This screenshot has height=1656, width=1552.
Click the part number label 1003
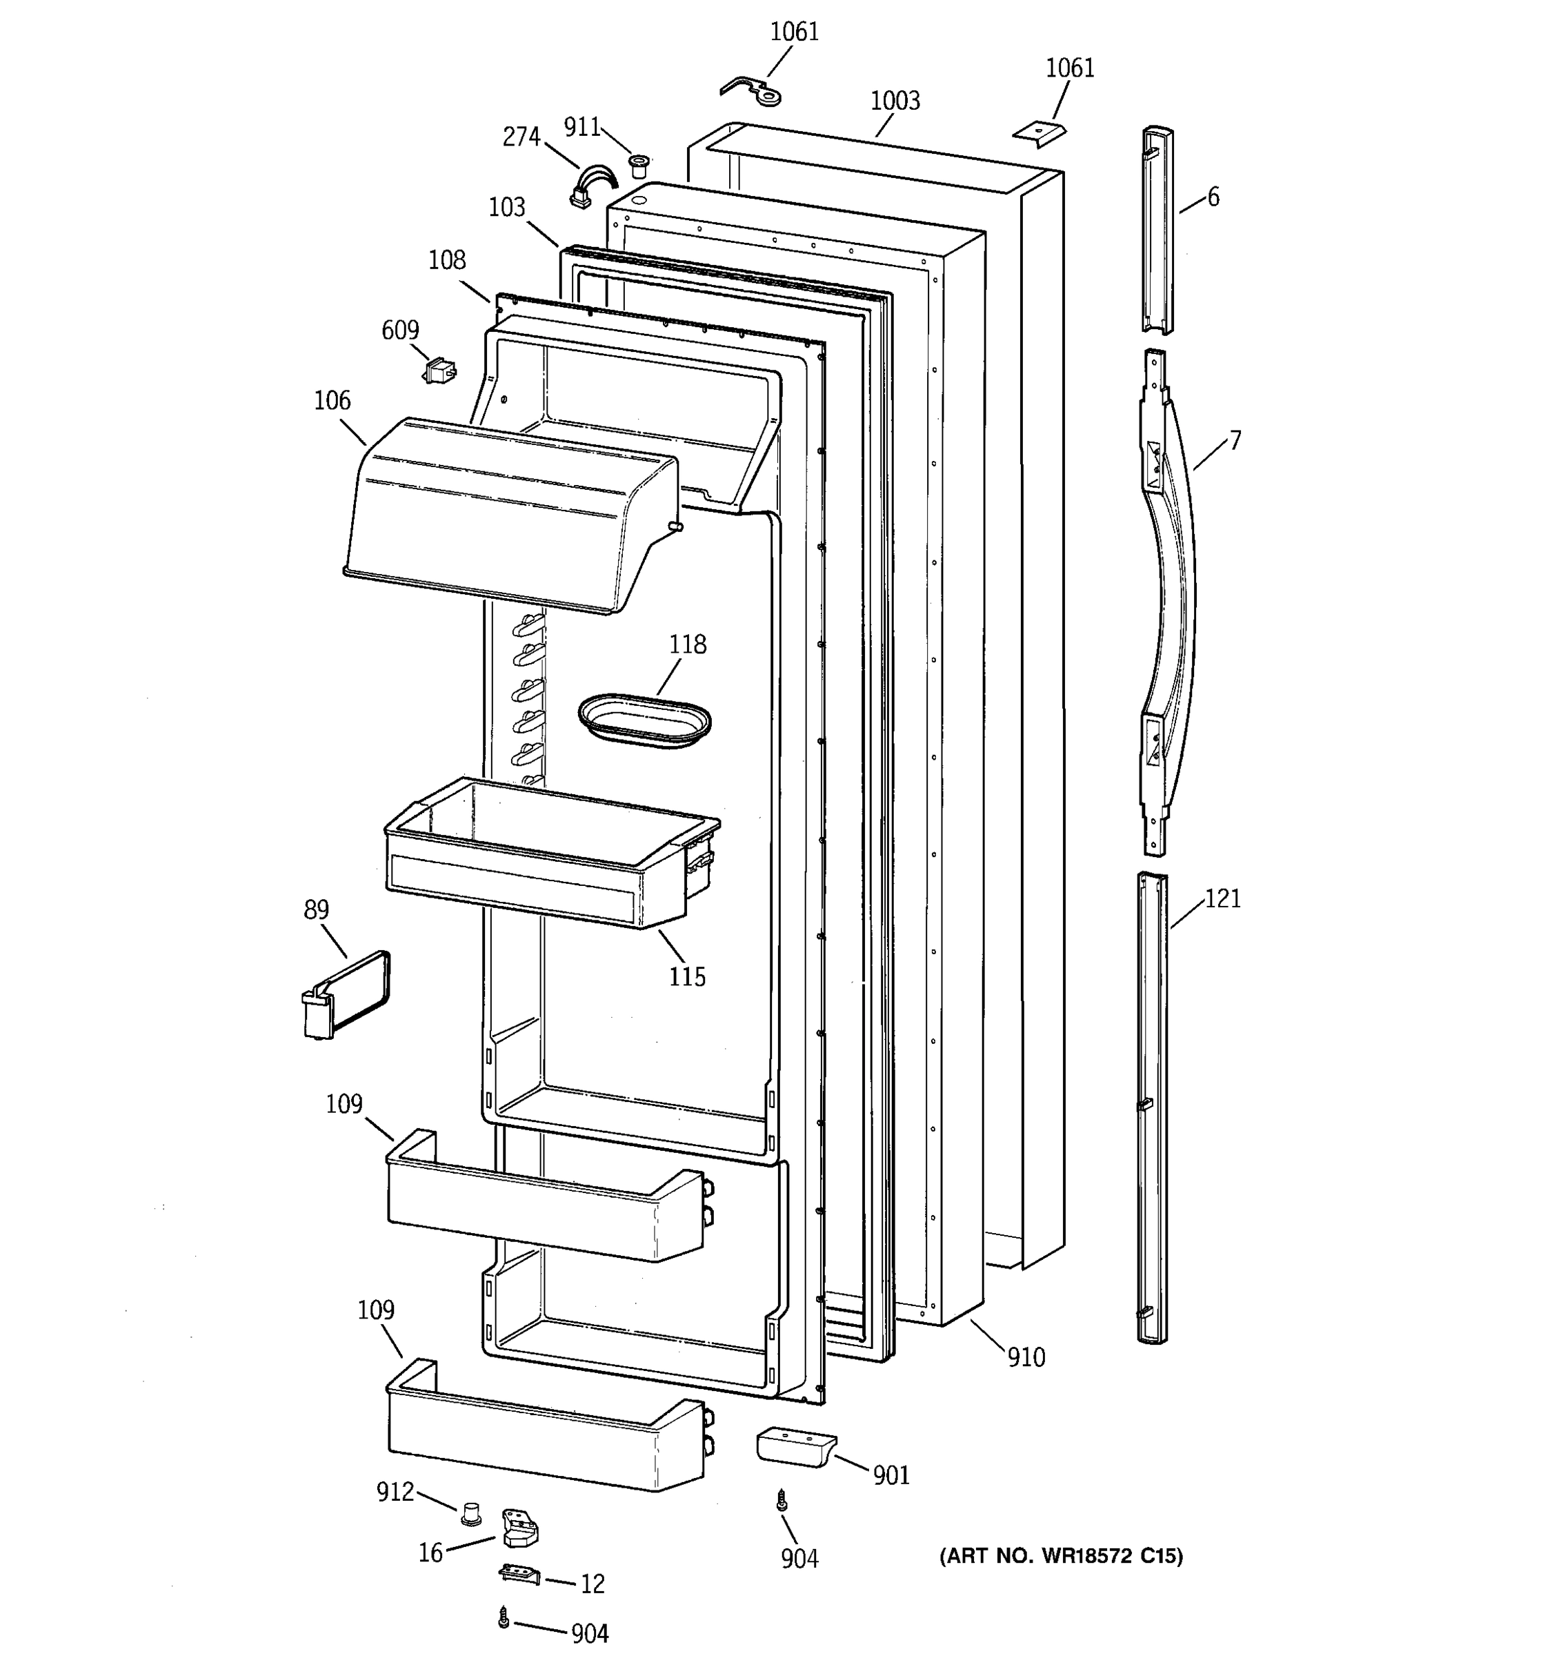tap(895, 101)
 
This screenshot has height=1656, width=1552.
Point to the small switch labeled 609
tap(439, 370)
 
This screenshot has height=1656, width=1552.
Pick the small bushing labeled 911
tap(639, 165)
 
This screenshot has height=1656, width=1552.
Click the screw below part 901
tap(782, 1500)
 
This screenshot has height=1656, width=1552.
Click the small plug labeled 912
tap(472, 1512)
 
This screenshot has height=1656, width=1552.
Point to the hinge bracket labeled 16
tap(519, 1527)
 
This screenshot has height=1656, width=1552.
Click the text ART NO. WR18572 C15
tap(1061, 1556)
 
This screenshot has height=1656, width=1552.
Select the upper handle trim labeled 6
tap(1157, 229)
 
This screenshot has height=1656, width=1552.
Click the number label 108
tap(447, 261)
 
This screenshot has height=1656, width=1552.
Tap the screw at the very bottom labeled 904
tap(503, 1617)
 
